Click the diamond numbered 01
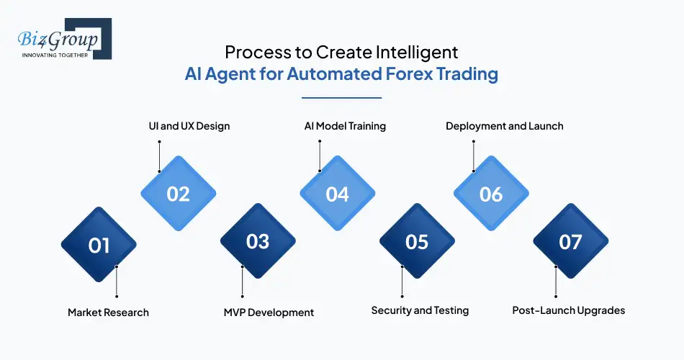pyautogui.click(x=99, y=245)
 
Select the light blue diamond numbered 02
pyautogui.click(x=178, y=194)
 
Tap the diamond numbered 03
pyautogui.click(x=258, y=241)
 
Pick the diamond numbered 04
pyautogui.click(x=337, y=194)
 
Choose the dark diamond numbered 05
pyautogui.click(x=417, y=241)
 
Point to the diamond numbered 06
pyautogui.click(x=490, y=194)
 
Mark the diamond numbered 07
pyautogui.click(x=570, y=241)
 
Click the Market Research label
pyautogui.click(x=108, y=312)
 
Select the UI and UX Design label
pyautogui.click(x=184, y=126)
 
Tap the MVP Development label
pyautogui.click(x=269, y=312)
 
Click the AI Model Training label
pyautogui.click(x=345, y=126)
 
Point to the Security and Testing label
pyautogui.click(x=420, y=310)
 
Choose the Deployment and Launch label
pyautogui.click(x=504, y=126)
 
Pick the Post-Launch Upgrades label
pyautogui.click(x=568, y=310)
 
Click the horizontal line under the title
pyautogui.click(x=341, y=97)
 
